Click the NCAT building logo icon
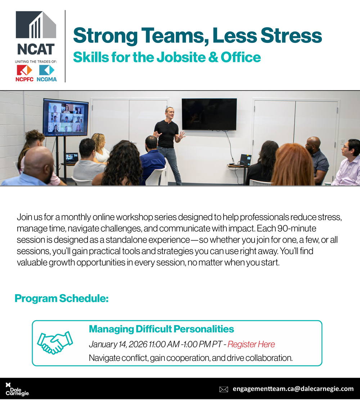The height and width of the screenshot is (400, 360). coord(36,25)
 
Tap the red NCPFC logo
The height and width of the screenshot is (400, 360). coord(24,70)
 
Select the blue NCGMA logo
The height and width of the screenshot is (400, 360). coord(46,70)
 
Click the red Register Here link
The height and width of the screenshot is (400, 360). coord(251,344)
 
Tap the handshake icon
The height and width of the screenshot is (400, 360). coord(55,343)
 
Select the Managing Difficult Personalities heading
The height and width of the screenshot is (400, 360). coord(161,329)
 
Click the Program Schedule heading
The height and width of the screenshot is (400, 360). coord(62,298)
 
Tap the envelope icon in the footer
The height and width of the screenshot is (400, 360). coord(224,389)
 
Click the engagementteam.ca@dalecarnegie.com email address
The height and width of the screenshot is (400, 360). coord(293,389)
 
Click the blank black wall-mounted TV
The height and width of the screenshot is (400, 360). coord(209,114)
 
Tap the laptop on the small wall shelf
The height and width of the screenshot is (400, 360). coord(245,160)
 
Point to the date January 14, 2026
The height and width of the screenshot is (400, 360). coord(118,344)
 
